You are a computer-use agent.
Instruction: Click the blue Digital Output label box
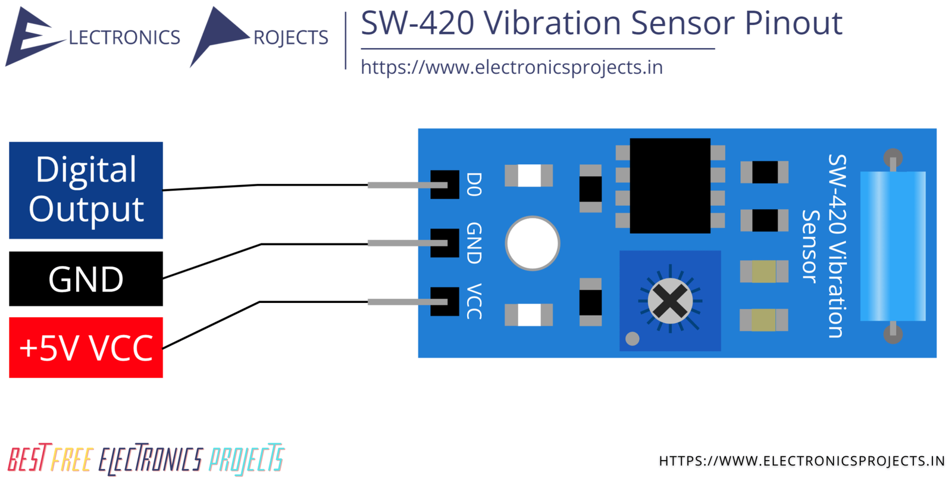coord(86,190)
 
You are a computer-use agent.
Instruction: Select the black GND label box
coord(86,278)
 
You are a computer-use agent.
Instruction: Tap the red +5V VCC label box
coord(86,347)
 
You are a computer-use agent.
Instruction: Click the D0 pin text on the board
coord(474,184)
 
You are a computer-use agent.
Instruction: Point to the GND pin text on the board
coord(474,243)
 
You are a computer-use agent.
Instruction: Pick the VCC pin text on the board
coord(474,301)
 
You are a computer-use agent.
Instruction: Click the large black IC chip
coord(669,186)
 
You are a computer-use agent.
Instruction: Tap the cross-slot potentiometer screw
coord(670,301)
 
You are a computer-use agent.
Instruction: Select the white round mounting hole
coord(533,243)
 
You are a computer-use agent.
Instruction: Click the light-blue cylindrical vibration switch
coord(892,246)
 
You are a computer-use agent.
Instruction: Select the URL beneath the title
coord(512,67)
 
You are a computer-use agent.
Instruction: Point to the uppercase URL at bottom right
coord(801,461)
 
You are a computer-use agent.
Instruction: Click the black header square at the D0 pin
coord(444,184)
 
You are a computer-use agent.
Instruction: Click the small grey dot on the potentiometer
coord(632,339)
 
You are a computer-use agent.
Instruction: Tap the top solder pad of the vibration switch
coord(892,158)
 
